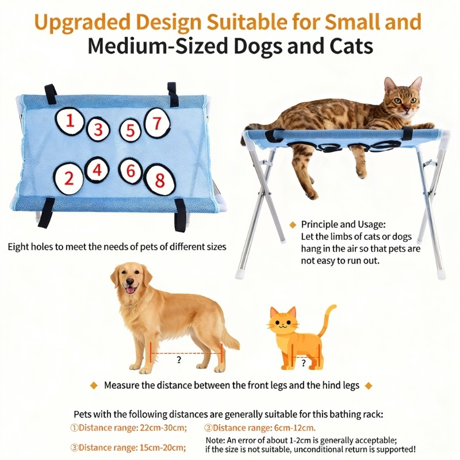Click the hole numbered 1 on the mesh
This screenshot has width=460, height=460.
click(x=70, y=121)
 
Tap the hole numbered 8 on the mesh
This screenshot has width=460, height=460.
click(x=160, y=180)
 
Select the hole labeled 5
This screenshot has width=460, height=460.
click(x=131, y=131)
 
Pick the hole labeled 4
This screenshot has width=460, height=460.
click(x=97, y=170)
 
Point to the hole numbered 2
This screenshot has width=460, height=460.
click(x=68, y=178)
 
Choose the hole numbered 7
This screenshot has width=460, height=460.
click(x=157, y=123)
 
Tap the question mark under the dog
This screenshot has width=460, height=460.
click(x=179, y=360)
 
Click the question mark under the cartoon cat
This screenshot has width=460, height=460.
click(x=304, y=363)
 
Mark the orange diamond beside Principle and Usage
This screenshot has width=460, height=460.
click(x=293, y=225)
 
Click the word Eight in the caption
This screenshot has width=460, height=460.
click(x=18, y=247)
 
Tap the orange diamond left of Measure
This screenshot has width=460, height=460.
click(x=94, y=385)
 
